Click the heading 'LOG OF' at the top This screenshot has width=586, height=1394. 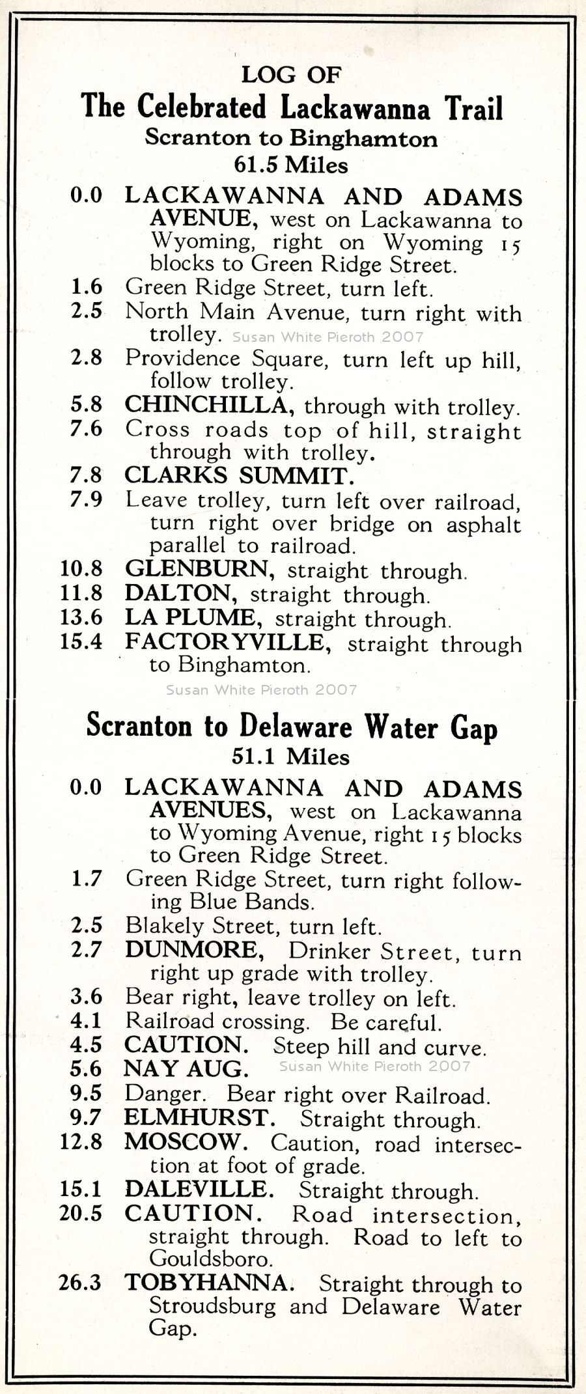pyautogui.click(x=291, y=75)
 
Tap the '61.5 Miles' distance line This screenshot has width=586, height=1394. pyautogui.click(x=291, y=165)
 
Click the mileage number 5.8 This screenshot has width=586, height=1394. pyautogui.click(x=87, y=404)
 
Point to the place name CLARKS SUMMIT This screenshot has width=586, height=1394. pyautogui.click(x=239, y=475)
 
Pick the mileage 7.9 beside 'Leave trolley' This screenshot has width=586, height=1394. pyautogui.click(x=87, y=499)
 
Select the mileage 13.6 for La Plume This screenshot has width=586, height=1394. pyautogui.click(x=81, y=617)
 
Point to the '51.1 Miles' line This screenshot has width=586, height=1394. pyautogui.click(x=291, y=757)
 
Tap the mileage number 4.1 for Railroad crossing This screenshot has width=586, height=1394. pyautogui.click(x=87, y=1021)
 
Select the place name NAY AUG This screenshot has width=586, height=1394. pyautogui.click(x=186, y=1068)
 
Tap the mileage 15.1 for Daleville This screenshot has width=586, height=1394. pyautogui.click(x=81, y=1189)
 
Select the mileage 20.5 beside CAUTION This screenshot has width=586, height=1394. pyautogui.click(x=81, y=1213)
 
